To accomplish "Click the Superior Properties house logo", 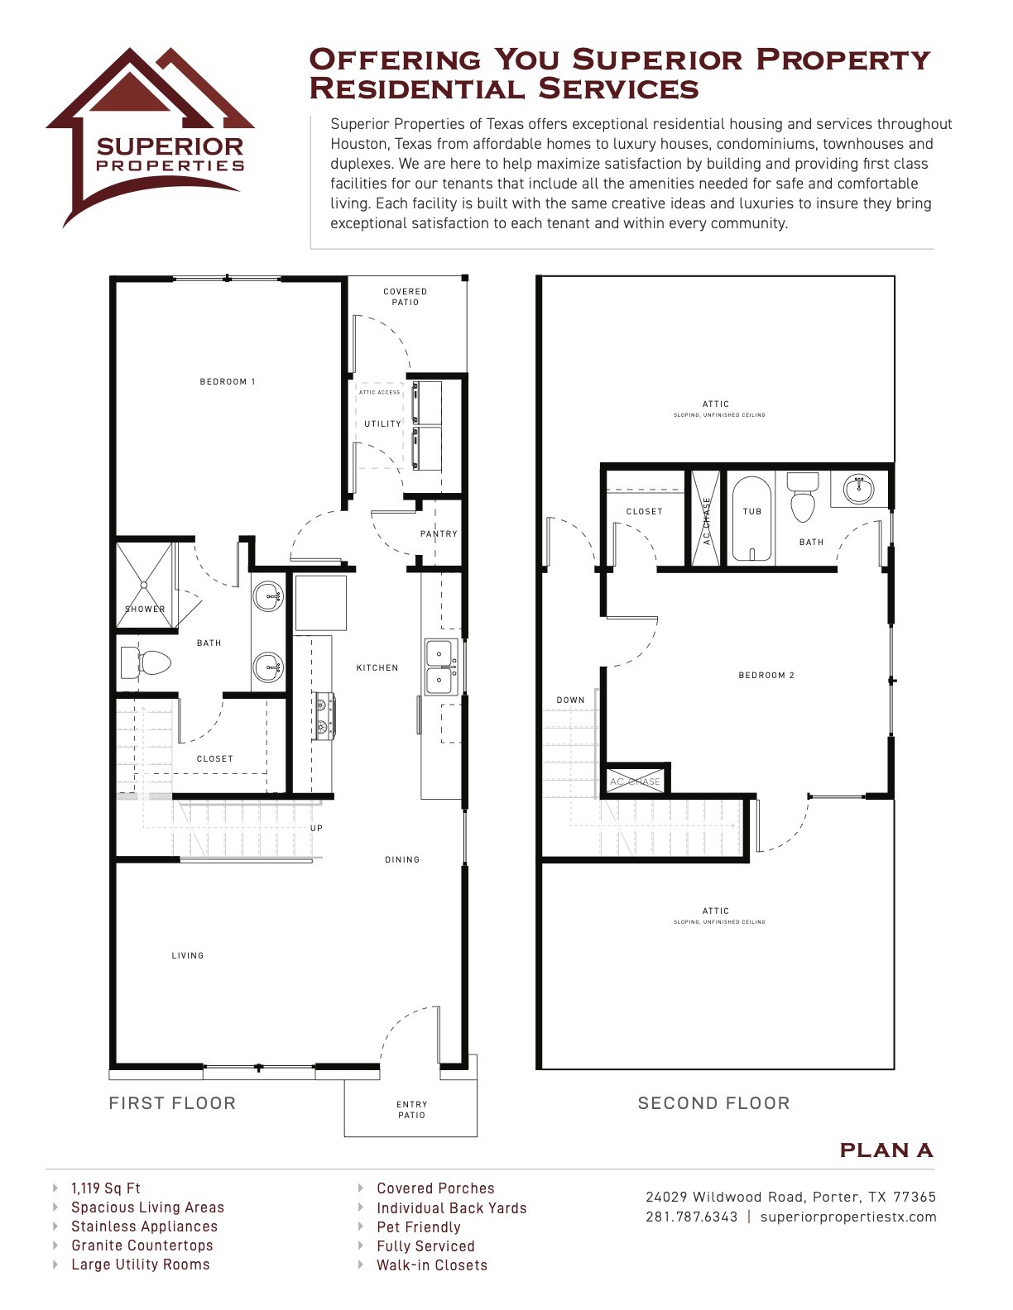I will point(149,132).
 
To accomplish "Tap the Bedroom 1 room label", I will point(228,382).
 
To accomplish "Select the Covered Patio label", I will point(406,297).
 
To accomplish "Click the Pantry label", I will point(439,534).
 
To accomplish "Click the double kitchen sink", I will point(439,667).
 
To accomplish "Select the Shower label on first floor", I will point(145,610).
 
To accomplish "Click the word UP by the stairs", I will point(316,829).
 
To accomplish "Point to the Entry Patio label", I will point(411,1110).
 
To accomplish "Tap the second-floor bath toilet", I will point(802,497).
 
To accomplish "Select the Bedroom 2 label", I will point(766,676).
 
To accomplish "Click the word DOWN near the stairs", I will point(570,700).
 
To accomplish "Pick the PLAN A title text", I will point(886,1150).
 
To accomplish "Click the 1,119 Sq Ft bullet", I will point(106,1188).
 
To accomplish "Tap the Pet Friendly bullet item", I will point(418,1227).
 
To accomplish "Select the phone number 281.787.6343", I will point(691,1217).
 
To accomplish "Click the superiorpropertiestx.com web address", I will point(847,1217).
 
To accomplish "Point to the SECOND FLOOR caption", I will point(713,1103).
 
